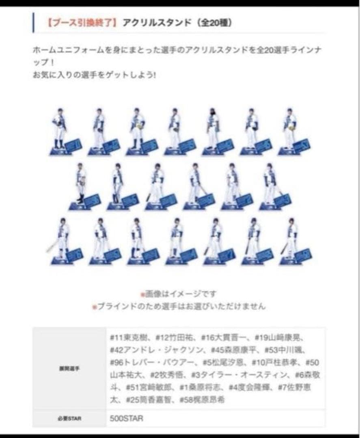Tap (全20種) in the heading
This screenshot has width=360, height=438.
click(x=215, y=23)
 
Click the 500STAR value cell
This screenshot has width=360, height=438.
click(x=126, y=419)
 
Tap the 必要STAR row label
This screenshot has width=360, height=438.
click(x=69, y=419)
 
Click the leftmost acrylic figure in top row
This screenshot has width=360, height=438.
click(x=60, y=129)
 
